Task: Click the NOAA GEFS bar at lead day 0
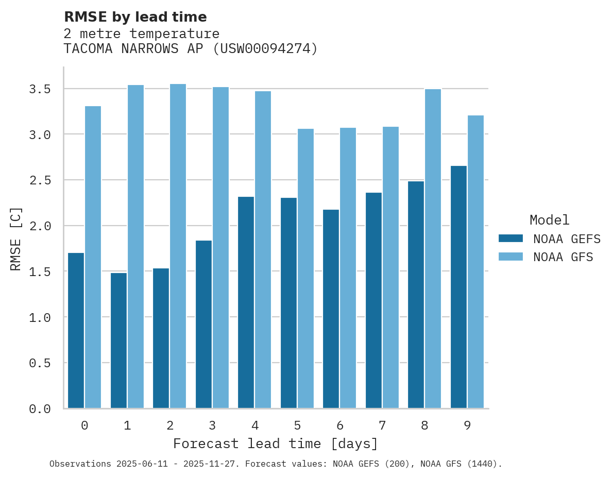click(76, 330)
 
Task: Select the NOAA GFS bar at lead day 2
click(178, 246)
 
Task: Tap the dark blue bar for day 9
click(458, 287)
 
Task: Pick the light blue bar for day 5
click(305, 268)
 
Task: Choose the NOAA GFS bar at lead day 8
click(433, 248)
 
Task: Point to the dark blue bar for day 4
click(246, 302)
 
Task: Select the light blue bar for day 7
click(390, 267)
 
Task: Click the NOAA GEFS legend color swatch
click(511, 238)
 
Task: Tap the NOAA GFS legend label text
click(563, 257)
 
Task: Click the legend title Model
click(549, 220)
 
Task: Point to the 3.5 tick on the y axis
click(40, 89)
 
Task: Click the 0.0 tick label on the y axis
click(40, 409)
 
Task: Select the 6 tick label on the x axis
click(339, 425)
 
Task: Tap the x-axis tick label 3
click(212, 425)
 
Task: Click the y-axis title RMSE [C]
click(16, 238)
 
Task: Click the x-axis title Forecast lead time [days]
click(276, 443)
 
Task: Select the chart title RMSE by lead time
click(135, 17)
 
